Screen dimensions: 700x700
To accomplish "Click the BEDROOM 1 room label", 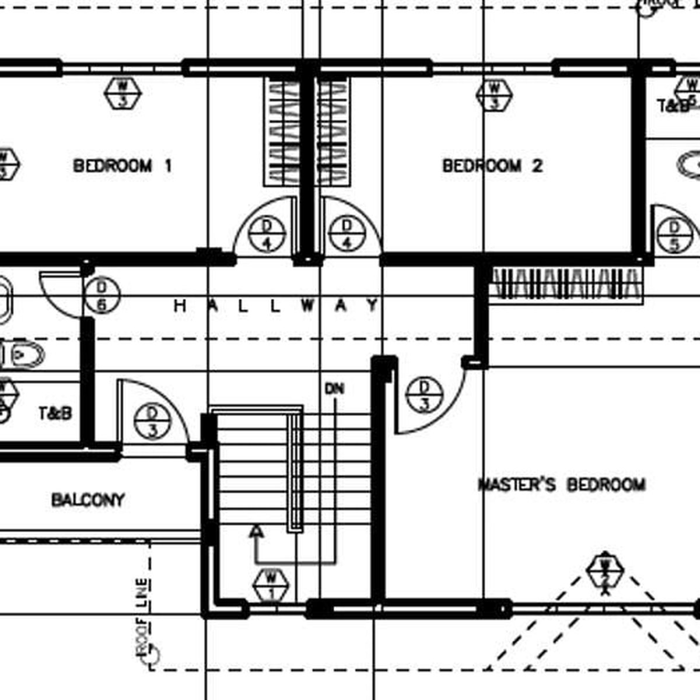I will [x=123, y=166].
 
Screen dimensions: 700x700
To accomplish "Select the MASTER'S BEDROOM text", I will [x=562, y=485].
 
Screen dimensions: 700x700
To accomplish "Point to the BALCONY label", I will [x=88, y=501].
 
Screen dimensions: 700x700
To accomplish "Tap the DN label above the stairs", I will [x=335, y=388].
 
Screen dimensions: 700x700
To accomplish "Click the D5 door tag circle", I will [x=674, y=236].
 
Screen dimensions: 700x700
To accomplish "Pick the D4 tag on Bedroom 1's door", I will [x=267, y=233].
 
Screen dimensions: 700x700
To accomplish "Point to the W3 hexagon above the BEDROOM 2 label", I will [x=494, y=95].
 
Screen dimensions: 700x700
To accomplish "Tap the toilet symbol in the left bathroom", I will [x=23, y=354].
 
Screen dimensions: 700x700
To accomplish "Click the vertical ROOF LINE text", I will [x=142, y=618].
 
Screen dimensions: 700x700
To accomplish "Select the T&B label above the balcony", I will [x=56, y=414].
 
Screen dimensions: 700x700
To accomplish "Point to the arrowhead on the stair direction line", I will [x=255, y=531].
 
